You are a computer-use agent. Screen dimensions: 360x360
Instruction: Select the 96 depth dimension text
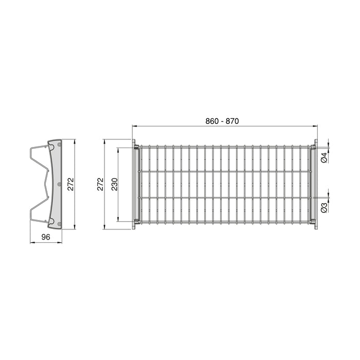coord(45,237)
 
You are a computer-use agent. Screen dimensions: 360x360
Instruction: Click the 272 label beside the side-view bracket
coord(71,184)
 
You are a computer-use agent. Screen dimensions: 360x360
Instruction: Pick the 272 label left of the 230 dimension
coord(101,184)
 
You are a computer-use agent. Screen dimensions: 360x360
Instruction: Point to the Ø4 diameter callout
coord(324,158)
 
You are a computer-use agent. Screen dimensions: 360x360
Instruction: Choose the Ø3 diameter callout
coord(324,207)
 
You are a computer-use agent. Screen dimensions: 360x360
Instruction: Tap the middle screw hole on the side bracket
coord(59,184)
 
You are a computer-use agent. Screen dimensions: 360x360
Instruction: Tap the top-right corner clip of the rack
coord(313,147)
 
